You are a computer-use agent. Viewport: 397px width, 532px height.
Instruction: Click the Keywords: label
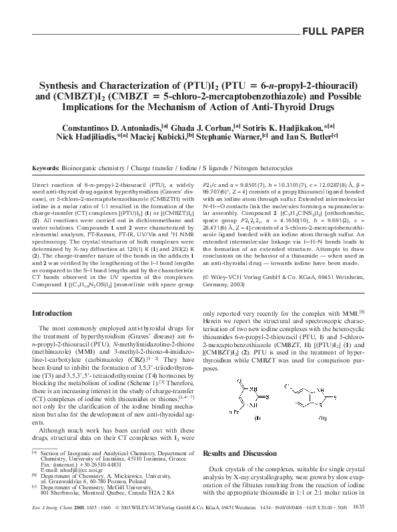point(45,169)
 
